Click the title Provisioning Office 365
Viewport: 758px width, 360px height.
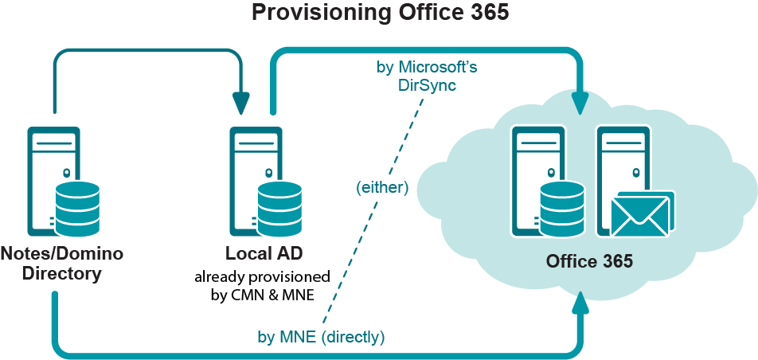tap(379, 14)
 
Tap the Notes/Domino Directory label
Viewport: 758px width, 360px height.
tap(61, 264)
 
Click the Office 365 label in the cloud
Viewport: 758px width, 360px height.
tap(589, 261)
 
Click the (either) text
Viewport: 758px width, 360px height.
tap(382, 188)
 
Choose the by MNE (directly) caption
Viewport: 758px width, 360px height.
tap(321, 337)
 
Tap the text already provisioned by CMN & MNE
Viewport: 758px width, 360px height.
tap(263, 286)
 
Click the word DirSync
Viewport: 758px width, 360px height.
tap(427, 85)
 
